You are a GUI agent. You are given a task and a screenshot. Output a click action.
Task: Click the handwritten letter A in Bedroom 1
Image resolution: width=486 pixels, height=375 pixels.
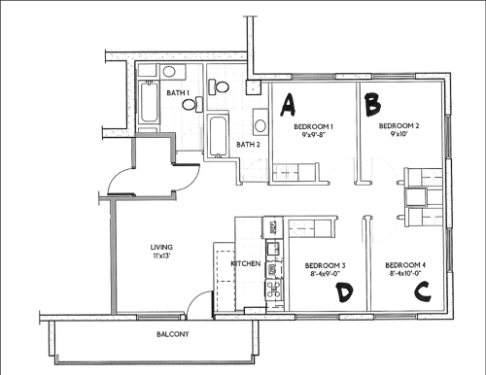pos(288,100)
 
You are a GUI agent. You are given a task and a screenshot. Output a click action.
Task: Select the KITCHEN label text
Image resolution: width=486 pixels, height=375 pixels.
pos(244,264)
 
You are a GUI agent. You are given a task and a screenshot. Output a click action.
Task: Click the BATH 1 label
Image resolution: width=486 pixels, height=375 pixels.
pos(178,92)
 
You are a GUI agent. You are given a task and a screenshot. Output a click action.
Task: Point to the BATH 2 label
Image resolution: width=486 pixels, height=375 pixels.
pos(249,145)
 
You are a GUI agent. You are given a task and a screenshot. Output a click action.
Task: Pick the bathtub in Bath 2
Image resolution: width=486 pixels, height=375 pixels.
pos(217,132)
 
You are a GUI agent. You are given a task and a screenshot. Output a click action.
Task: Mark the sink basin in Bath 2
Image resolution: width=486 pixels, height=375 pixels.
pos(260,123)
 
